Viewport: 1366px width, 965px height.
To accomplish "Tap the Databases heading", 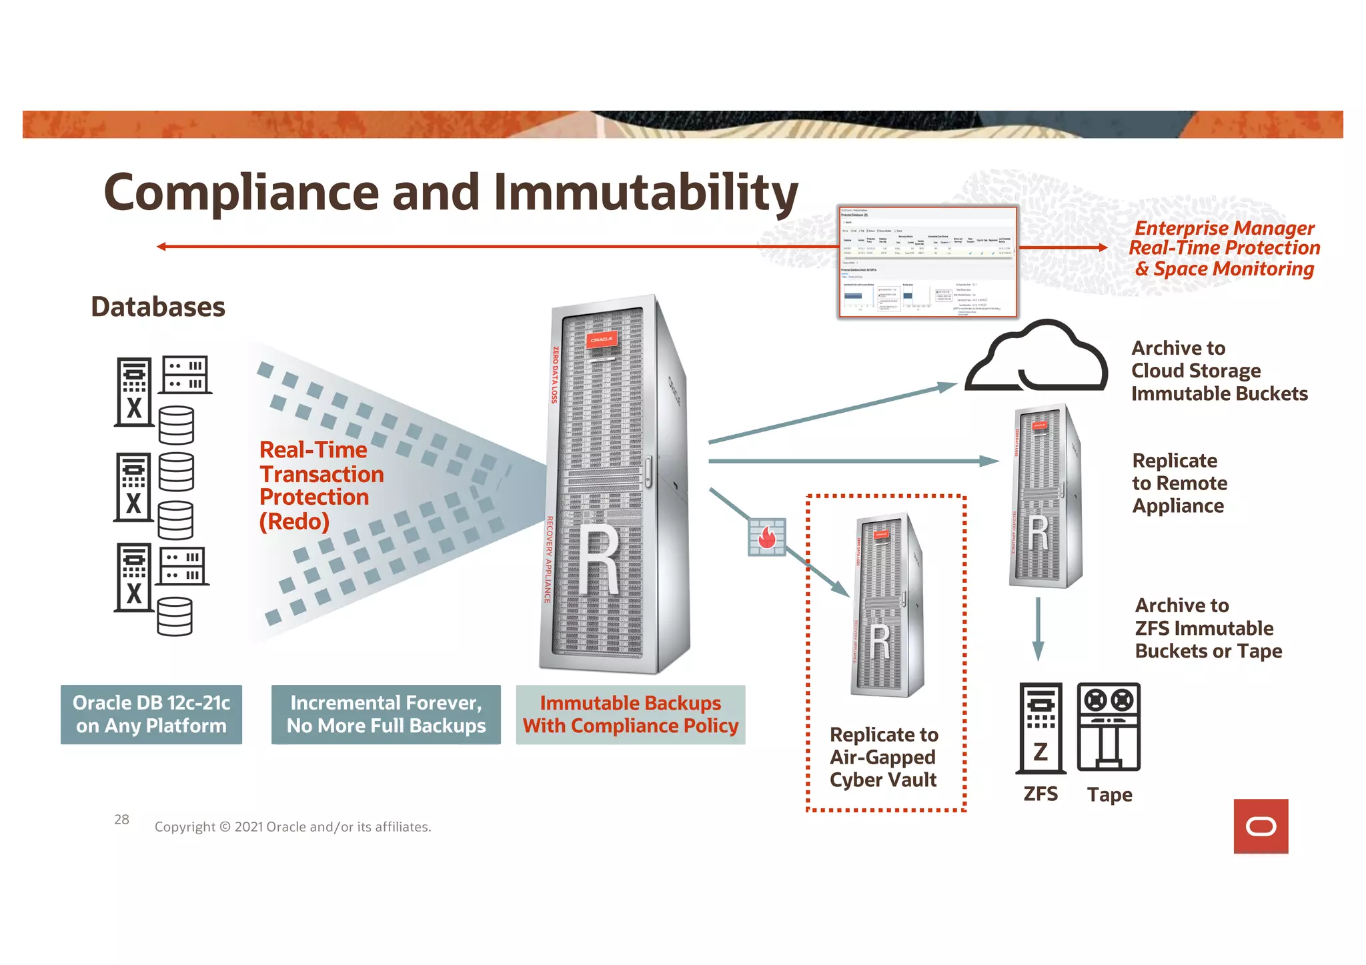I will [158, 307].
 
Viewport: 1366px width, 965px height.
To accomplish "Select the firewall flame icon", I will [767, 537].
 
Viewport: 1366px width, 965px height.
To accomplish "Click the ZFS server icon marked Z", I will [1040, 728].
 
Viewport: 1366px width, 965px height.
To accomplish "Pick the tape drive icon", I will [1109, 726].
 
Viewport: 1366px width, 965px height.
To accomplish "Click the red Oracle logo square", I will [1261, 826].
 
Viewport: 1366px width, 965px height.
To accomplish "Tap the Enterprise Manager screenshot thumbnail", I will [928, 261].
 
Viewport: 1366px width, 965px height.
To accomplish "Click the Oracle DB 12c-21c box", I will [151, 714].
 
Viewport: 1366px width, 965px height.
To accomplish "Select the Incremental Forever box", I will [386, 714].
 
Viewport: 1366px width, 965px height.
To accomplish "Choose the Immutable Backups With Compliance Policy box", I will [630, 714].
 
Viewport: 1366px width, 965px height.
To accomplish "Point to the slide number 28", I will [121, 820].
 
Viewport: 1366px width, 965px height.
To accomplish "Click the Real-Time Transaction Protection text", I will [321, 486].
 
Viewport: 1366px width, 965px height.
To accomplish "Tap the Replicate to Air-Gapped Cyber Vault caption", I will [884, 757].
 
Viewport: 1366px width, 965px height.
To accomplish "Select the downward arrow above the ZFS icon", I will [1038, 629].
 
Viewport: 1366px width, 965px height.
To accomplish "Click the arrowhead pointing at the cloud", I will [947, 386].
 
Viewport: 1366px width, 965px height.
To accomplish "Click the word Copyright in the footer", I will [185, 827].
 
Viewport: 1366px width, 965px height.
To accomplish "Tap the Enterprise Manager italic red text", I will [1225, 248].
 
